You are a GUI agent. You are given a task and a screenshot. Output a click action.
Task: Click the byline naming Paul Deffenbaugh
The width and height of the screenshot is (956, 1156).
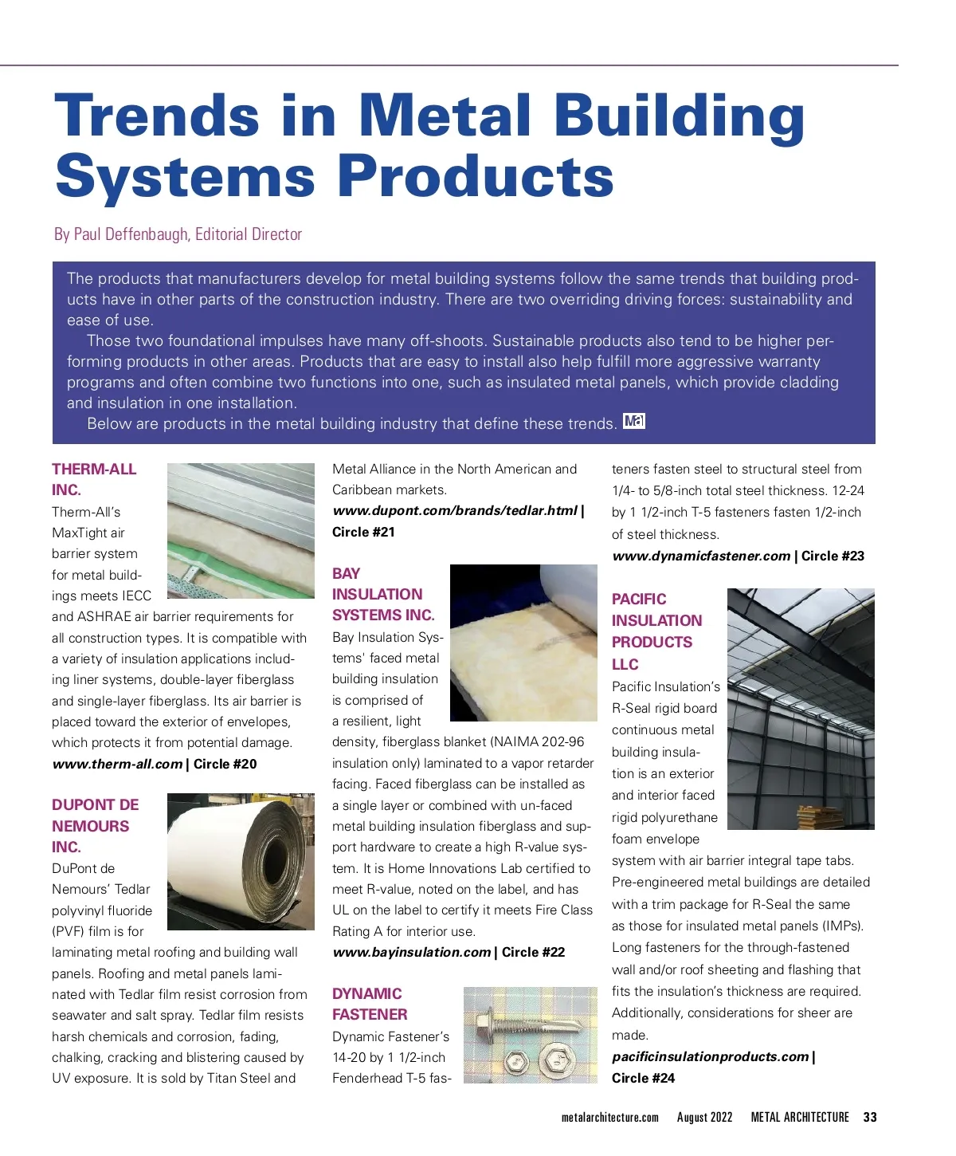(x=178, y=234)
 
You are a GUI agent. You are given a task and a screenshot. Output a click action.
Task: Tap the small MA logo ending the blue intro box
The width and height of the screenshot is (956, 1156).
(x=634, y=422)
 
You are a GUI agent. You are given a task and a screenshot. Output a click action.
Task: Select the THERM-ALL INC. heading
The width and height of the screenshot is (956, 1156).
(x=93, y=479)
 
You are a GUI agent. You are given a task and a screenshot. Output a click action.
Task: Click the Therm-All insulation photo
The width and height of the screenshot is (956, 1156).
(x=241, y=530)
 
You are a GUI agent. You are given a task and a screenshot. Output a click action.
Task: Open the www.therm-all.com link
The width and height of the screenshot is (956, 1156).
(x=117, y=764)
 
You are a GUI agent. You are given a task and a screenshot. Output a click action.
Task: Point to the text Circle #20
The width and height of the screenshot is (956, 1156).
(x=225, y=764)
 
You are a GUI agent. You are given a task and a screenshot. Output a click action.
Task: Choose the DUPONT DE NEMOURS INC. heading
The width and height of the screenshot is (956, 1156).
(x=95, y=826)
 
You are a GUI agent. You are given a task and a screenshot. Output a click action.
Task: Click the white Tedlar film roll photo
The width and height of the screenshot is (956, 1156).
(x=241, y=861)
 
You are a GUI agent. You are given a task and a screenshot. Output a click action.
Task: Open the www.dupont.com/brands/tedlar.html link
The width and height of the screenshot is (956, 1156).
(x=454, y=510)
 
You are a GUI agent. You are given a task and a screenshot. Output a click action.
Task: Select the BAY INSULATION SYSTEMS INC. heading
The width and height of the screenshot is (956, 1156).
(x=383, y=594)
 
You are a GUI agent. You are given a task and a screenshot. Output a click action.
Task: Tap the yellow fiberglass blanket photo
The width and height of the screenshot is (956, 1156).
(x=523, y=643)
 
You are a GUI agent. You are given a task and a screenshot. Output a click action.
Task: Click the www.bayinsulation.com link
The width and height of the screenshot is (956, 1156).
(x=411, y=952)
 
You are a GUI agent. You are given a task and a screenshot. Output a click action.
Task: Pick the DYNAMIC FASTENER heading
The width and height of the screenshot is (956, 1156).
(x=370, y=1004)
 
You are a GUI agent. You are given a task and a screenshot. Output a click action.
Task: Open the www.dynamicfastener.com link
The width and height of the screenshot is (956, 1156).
(x=701, y=556)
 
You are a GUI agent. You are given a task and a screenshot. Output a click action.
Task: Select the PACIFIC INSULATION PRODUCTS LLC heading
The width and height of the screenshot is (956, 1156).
(x=656, y=631)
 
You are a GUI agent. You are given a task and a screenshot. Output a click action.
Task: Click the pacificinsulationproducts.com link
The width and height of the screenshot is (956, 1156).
(x=710, y=1056)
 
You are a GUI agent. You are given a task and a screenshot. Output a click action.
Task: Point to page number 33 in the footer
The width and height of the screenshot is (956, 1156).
(x=870, y=1117)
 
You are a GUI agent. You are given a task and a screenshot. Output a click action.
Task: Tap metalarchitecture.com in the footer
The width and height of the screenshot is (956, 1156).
(x=609, y=1117)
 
